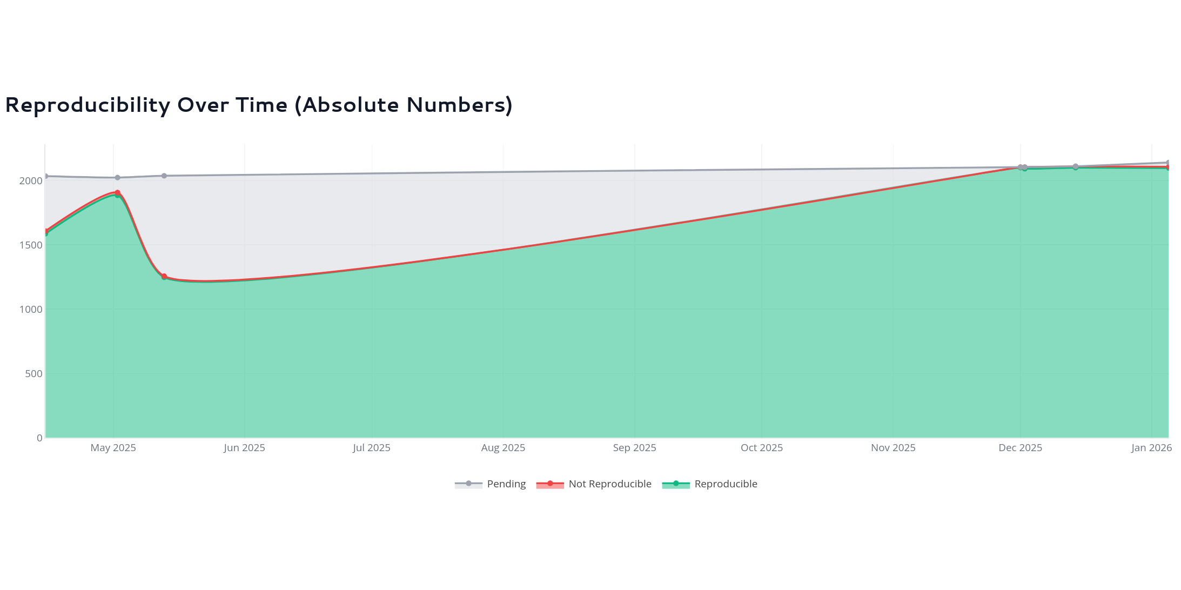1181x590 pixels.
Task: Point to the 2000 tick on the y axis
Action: tap(31, 181)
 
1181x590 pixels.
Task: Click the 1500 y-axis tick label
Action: tap(31, 245)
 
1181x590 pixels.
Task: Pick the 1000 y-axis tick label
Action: tap(31, 310)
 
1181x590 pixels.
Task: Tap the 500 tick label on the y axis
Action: tap(33, 374)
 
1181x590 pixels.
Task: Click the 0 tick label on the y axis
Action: tap(39, 438)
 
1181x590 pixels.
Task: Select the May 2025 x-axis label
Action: tap(113, 448)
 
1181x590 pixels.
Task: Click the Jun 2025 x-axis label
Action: tap(245, 448)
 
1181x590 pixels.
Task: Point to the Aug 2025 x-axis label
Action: tap(503, 448)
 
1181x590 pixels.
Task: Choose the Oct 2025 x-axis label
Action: tap(762, 448)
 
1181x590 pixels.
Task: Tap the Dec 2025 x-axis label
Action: tap(1020, 448)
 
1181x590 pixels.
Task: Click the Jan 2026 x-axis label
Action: tap(1151, 448)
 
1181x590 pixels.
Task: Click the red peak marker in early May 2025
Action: tap(117, 193)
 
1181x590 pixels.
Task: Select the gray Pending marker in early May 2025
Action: tap(117, 178)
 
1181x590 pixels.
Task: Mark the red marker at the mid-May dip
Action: tap(164, 276)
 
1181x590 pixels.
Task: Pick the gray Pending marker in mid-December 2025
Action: tap(1075, 166)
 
